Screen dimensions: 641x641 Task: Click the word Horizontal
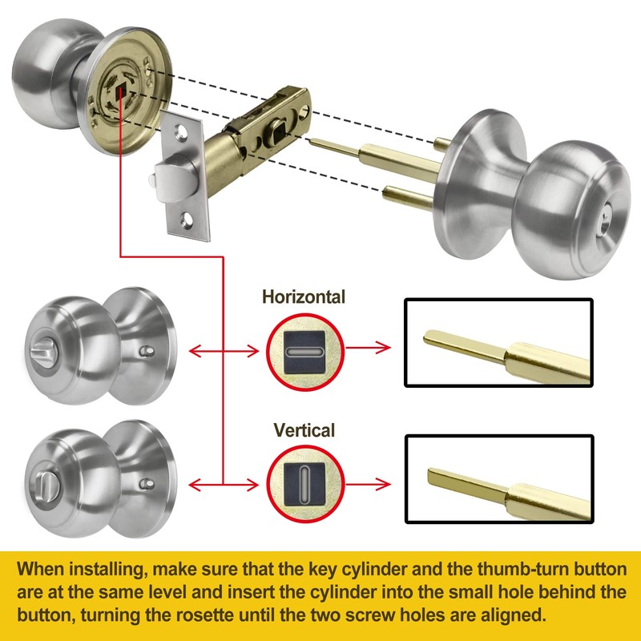coord(304,297)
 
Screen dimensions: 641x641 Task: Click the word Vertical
coord(304,429)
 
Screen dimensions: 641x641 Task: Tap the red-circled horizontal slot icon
coord(304,350)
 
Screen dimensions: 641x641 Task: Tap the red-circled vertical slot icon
coord(304,483)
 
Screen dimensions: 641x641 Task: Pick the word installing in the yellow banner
coord(89,570)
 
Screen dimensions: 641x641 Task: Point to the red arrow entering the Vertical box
coord(373,483)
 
